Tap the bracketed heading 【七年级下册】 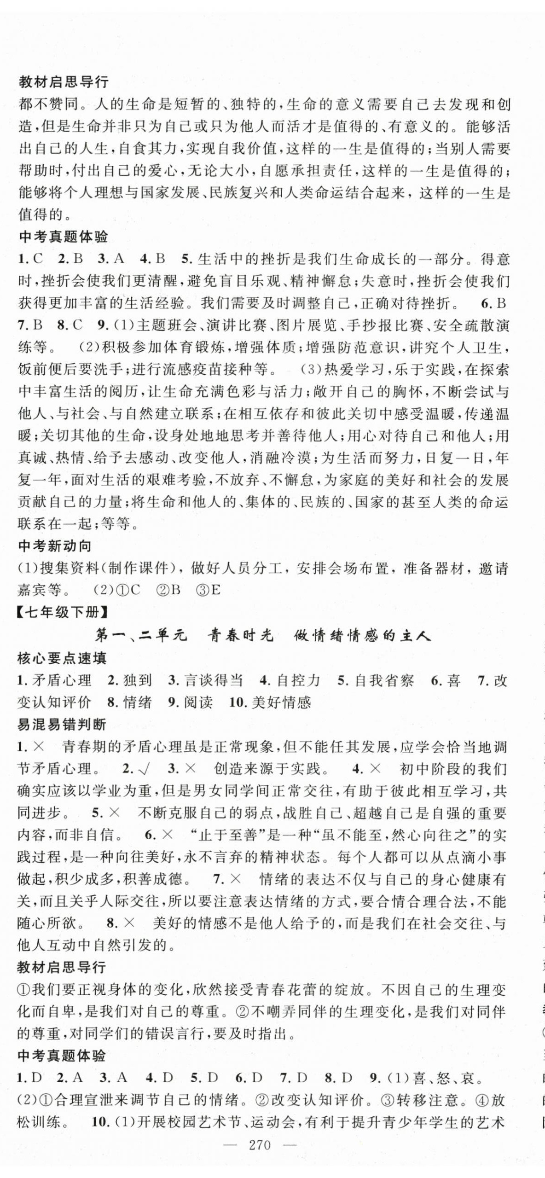pyautogui.click(x=62, y=613)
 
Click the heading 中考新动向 pyautogui.click(x=55, y=546)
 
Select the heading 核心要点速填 pyautogui.click(x=62, y=658)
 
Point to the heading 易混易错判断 pyautogui.click(x=62, y=725)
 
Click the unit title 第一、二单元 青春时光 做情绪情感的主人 pyautogui.click(x=262, y=636)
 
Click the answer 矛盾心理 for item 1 pyautogui.click(x=62, y=680)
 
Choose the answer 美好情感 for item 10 pyautogui.click(x=281, y=702)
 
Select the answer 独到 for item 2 pyautogui.click(x=137, y=680)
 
